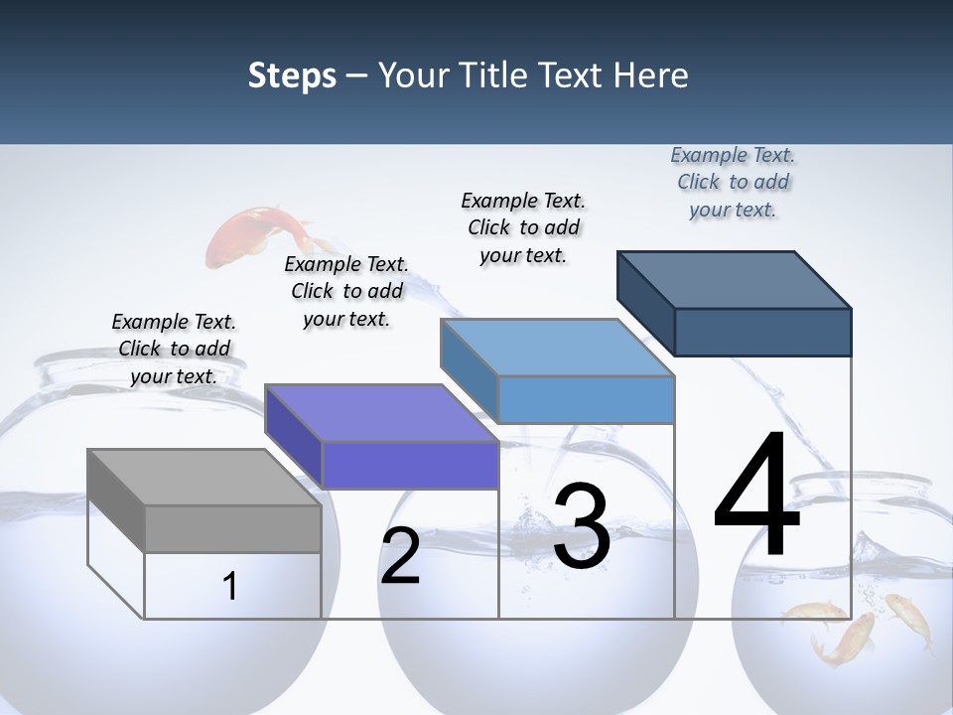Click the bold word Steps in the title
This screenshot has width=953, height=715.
[292, 75]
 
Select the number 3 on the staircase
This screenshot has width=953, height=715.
[582, 526]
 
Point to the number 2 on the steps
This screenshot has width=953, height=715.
[400, 557]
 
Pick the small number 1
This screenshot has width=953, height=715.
[230, 586]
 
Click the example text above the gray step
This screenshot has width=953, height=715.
[174, 349]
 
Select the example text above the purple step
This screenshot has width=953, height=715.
[346, 291]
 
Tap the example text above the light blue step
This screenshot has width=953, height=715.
[523, 227]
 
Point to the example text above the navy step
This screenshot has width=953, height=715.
[733, 182]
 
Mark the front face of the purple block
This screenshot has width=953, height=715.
[410, 465]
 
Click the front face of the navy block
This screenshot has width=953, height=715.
[762, 332]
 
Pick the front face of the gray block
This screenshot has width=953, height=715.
[232, 528]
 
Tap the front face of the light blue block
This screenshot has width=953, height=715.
[586, 399]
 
